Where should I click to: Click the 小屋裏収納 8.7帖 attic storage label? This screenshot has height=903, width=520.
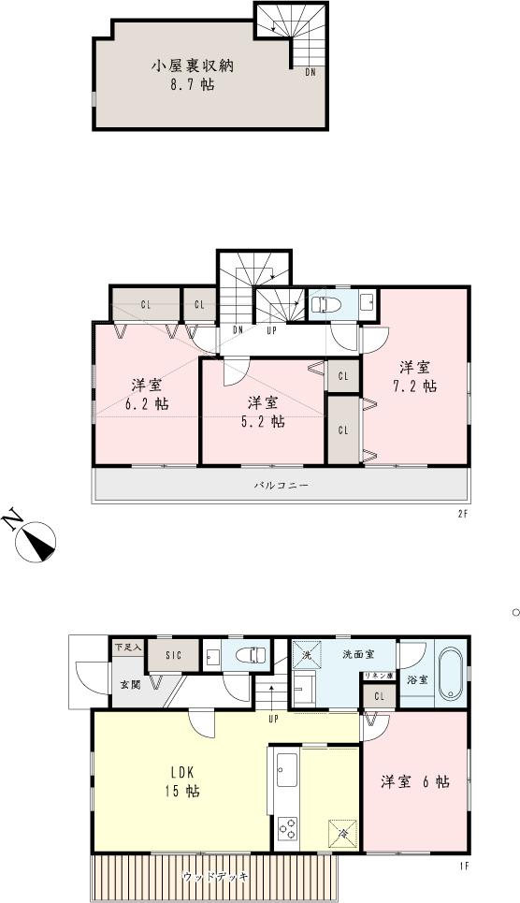(194, 75)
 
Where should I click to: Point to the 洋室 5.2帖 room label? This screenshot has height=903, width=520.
(266, 412)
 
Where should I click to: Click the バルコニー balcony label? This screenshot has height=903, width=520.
(281, 487)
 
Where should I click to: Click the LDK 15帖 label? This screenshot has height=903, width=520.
(183, 782)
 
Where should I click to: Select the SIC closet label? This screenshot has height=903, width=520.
(174, 656)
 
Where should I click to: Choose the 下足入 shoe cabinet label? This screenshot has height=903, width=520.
(127, 647)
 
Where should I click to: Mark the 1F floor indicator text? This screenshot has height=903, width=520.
(463, 866)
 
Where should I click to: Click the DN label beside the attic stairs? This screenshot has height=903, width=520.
(310, 71)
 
